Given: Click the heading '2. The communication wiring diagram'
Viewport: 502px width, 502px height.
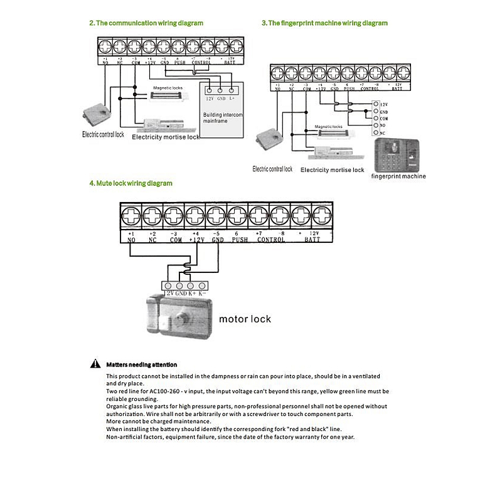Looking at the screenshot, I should coord(146,23).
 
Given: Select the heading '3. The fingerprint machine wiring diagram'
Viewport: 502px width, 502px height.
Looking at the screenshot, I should coord(324,23).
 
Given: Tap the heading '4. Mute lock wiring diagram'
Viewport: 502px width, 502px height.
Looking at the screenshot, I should coord(131,183).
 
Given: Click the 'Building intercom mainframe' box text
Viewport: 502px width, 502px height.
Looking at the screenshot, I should coord(222,119).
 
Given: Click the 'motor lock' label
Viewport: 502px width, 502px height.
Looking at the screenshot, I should coord(245,319).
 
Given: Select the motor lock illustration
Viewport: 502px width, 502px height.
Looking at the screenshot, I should coord(179,318).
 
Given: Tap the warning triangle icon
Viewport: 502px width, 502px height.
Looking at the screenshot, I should coord(95,364).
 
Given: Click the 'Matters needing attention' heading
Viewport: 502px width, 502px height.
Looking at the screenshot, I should coord(142,365).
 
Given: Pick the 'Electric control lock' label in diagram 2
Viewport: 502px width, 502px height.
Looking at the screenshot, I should coord(104,134).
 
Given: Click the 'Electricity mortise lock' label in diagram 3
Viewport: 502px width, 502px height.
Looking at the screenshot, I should coord(332,170).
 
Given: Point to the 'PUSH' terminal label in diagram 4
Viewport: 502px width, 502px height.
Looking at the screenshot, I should coord(240,240).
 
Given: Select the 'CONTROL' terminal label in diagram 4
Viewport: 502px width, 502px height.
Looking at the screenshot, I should coord(271,240).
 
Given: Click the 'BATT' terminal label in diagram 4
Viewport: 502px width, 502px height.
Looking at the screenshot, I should coord(312,240).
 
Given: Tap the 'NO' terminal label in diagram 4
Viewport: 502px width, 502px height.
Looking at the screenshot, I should coord(131,240).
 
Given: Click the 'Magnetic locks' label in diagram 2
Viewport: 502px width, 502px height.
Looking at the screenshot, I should coord(168,88).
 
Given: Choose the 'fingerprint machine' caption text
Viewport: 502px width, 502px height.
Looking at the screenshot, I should coord(398,176).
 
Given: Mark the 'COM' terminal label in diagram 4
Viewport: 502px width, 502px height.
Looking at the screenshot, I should coord(174,240).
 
